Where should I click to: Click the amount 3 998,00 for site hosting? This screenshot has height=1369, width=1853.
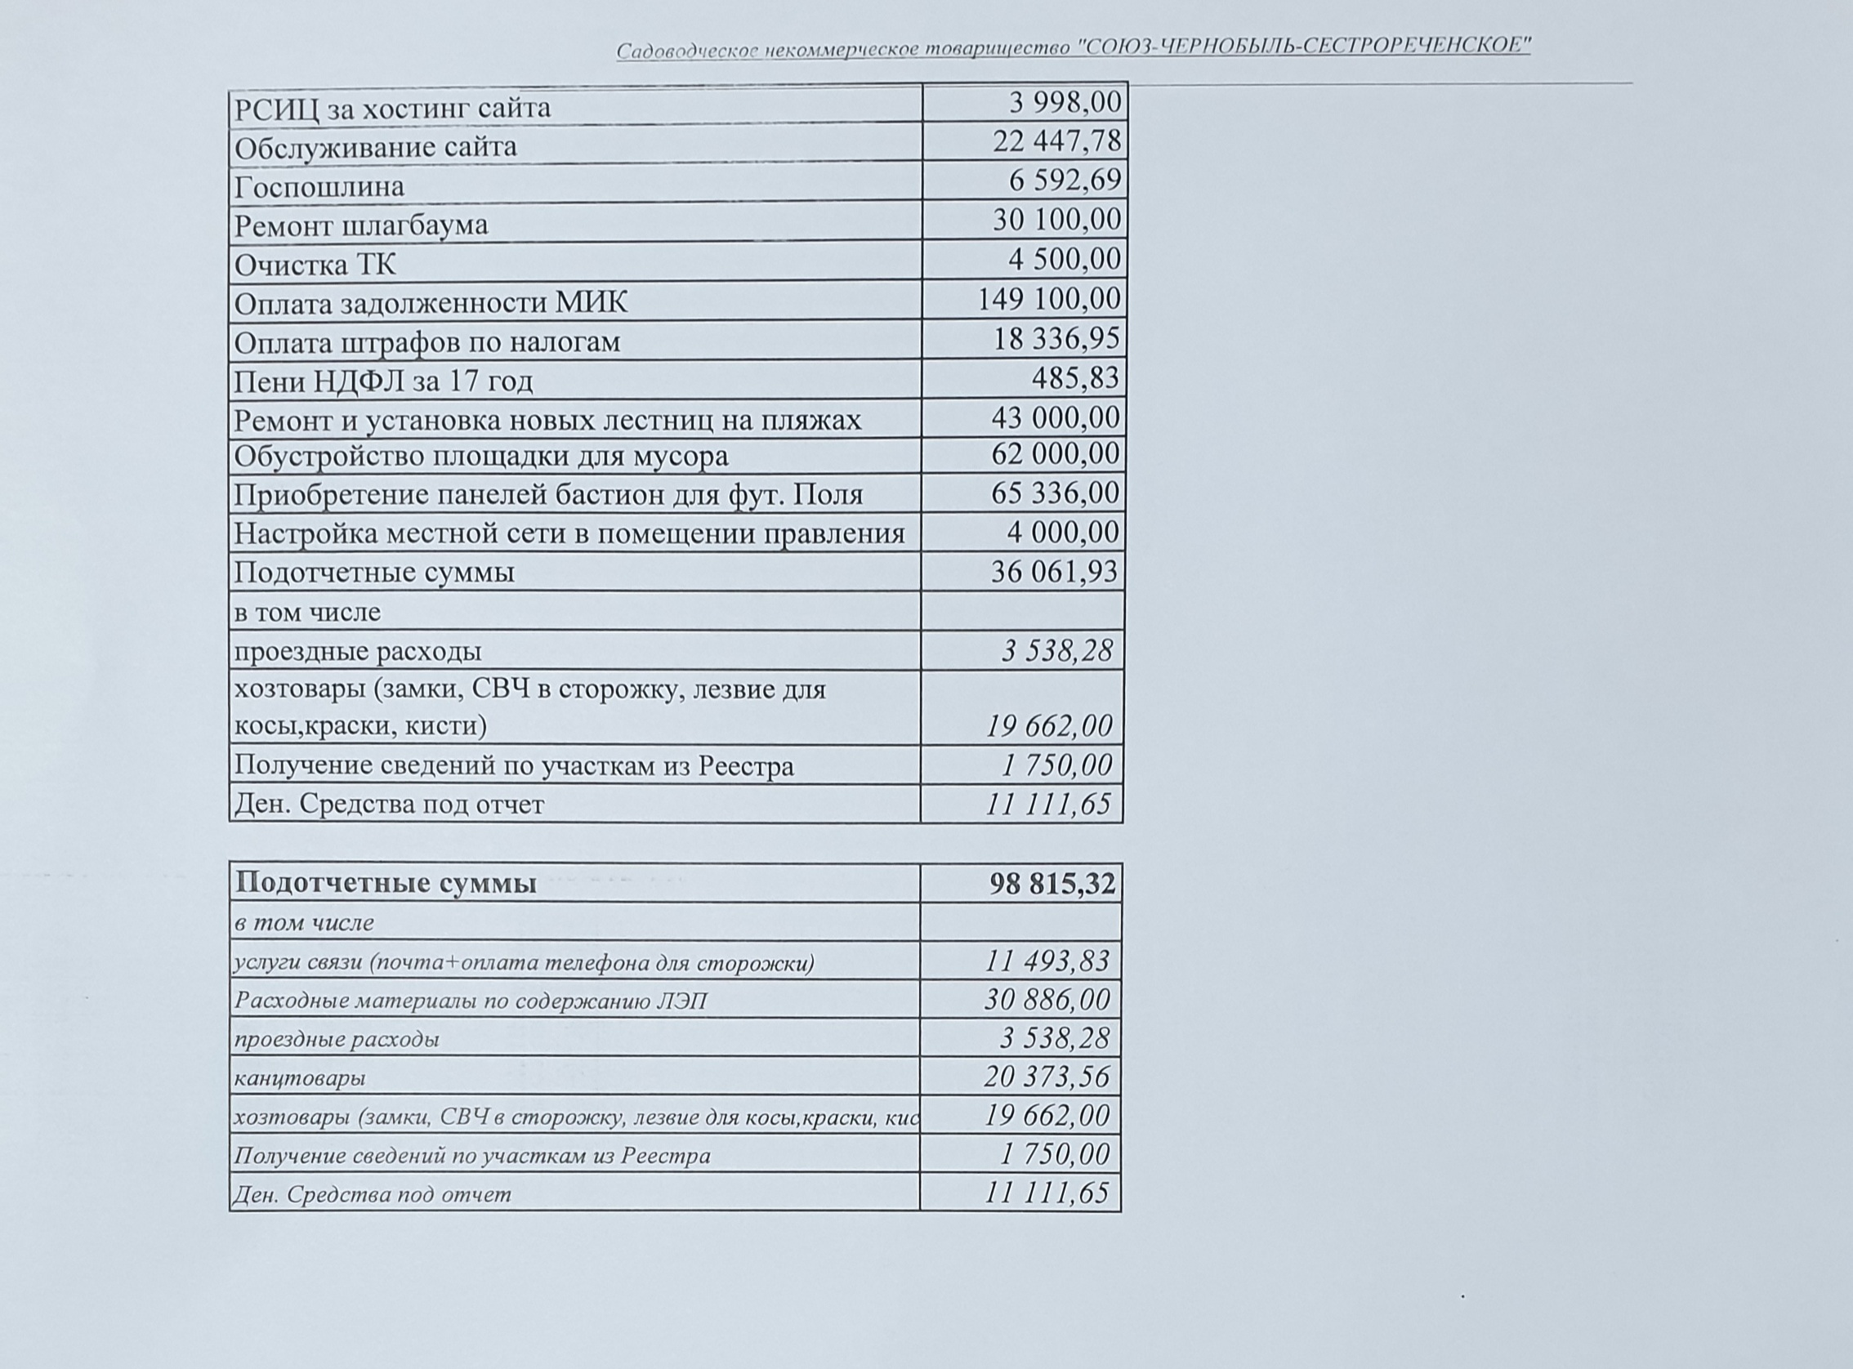coord(1065,103)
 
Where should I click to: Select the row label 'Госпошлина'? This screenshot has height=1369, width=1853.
coord(319,186)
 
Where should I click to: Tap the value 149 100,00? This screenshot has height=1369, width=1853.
coord(1048,298)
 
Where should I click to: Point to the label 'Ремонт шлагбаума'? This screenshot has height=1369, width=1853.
coord(360,225)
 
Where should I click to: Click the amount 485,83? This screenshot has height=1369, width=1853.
coord(1075,378)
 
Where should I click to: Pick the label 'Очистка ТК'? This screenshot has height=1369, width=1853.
coord(315,265)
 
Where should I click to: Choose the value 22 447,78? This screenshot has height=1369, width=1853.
coord(1056,141)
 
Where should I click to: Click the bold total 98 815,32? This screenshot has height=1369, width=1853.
coord(1052,883)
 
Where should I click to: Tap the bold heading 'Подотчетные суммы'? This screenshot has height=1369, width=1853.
coord(386,883)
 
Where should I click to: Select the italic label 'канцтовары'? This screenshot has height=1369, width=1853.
coord(299,1078)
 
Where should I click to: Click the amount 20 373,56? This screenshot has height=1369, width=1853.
coord(1047,1077)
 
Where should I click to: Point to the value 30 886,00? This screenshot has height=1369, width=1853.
coord(1047,1000)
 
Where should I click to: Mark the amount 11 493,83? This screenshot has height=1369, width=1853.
coord(1047,961)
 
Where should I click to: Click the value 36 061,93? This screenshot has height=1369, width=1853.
coord(1054,572)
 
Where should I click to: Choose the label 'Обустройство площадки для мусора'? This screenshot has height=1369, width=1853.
coord(480,456)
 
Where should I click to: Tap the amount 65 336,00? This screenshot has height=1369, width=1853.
coord(1055,493)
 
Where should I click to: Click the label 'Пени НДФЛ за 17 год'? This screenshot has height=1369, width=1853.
coord(383,381)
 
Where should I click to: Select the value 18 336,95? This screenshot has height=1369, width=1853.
coord(1056,338)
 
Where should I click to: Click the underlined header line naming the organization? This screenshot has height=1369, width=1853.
coord(1074,47)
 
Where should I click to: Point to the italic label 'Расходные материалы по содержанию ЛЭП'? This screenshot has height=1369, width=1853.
coord(471,1001)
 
